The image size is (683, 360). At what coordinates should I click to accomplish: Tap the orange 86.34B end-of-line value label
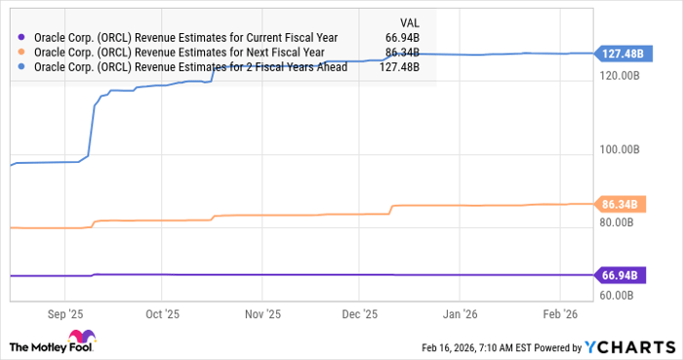coord(618,204)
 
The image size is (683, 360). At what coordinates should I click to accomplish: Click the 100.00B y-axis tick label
coord(619,149)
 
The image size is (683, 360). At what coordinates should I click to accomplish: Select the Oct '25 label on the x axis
coord(163,314)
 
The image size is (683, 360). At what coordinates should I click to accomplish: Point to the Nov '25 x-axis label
coord(262,314)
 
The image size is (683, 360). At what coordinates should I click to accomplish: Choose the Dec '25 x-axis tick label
coord(360,314)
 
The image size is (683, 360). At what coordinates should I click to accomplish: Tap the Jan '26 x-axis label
coord(460,314)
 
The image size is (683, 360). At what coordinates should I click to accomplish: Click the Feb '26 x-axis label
coord(559,314)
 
